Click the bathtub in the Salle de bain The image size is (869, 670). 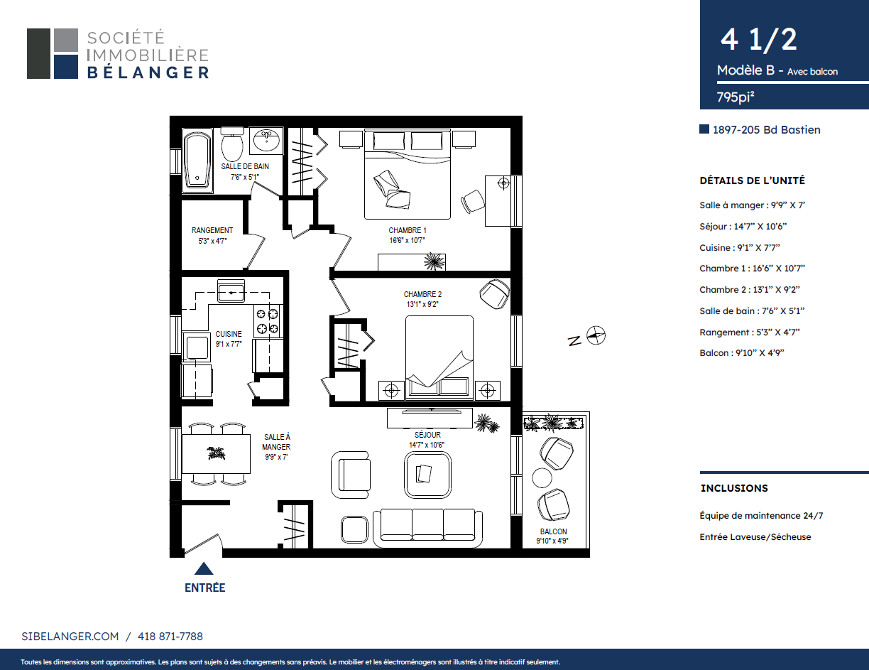(x=197, y=161)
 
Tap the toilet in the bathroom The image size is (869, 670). (x=232, y=144)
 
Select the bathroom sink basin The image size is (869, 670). (x=266, y=141)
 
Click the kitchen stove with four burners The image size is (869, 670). (x=268, y=321)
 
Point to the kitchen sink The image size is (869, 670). (x=231, y=291)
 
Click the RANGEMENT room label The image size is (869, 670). (x=212, y=230)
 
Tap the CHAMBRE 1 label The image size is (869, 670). (x=408, y=230)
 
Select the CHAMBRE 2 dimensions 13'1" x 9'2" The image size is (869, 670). (x=422, y=304)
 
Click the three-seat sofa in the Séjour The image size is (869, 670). (x=427, y=528)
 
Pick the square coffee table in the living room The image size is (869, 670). (x=427, y=475)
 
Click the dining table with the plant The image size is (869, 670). (x=216, y=454)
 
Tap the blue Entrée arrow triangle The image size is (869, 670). (x=204, y=568)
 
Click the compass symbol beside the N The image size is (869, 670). (x=596, y=335)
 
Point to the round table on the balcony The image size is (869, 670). (x=542, y=478)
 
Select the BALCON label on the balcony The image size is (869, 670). (x=554, y=531)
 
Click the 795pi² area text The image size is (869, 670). (x=735, y=97)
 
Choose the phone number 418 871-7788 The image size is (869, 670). (x=170, y=637)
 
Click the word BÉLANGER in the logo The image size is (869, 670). (x=148, y=73)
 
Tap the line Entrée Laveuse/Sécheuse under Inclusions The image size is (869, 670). (x=755, y=537)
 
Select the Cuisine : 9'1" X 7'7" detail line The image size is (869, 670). (x=739, y=248)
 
